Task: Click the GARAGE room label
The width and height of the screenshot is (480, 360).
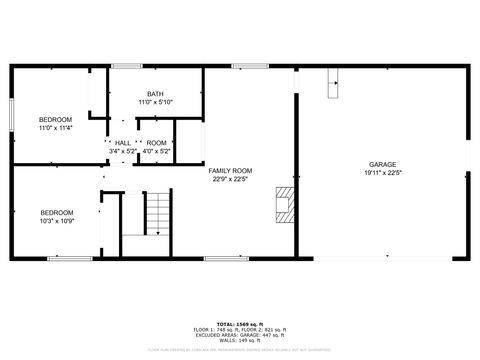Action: click(x=382, y=163)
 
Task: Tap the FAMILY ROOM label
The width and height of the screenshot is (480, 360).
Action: click(x=229, y=171)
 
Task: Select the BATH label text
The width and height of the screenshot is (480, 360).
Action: click(x=155, y=94)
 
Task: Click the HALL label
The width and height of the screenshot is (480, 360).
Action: click(x=122, y=143)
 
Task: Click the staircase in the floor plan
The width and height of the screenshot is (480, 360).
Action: click(x=158, y=212)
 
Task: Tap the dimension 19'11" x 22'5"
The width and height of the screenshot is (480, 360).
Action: click(x=382, y=172)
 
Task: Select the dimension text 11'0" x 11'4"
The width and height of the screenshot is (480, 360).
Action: click(x=56, y=128)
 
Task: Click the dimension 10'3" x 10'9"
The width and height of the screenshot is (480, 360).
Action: click(x=57, y=221)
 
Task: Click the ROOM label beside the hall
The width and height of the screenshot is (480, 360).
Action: click(x=156, y=143)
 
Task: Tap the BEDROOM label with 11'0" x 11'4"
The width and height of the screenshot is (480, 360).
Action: click(x=56, y=119)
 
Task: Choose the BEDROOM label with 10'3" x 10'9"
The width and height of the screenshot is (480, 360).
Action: click(x=57, y=212)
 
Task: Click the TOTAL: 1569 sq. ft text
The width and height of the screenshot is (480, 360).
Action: click(x=239, y=324)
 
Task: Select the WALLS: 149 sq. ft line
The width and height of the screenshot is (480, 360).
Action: click(x=239, y=340)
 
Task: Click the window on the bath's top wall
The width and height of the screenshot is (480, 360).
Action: click(x=126, y=66)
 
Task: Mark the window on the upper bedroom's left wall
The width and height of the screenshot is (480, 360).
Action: click(x=12, y=115)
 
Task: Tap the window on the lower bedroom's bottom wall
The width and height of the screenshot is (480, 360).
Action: click(x=66, y=258)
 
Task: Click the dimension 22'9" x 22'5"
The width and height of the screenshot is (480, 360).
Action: click(x=229, y=180)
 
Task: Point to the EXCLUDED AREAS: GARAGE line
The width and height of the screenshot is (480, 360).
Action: click(x=239, y=335)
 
